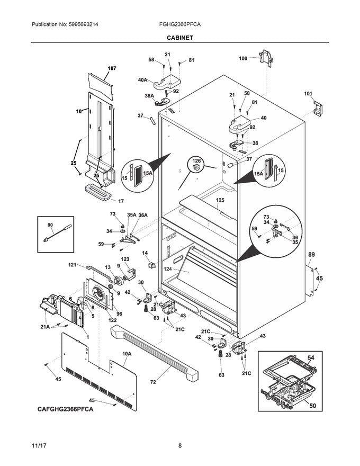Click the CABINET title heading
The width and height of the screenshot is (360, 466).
point(179,38)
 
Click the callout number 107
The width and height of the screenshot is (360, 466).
point(112,69)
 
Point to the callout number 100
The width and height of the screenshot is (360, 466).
point(243,59)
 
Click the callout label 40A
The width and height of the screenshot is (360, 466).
point(142,80)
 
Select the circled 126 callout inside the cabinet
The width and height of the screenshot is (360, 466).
point(197,161)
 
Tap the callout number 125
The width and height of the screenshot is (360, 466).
point(220,200)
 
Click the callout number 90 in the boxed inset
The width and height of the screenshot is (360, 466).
point(50,226)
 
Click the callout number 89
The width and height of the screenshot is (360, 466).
point(312,255)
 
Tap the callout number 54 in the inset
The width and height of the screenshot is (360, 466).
point(311,359)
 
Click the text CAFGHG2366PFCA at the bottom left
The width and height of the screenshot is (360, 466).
point(66,410)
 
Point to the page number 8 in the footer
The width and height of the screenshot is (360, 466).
point(179,446)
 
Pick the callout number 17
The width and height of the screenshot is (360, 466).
point(121,201)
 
